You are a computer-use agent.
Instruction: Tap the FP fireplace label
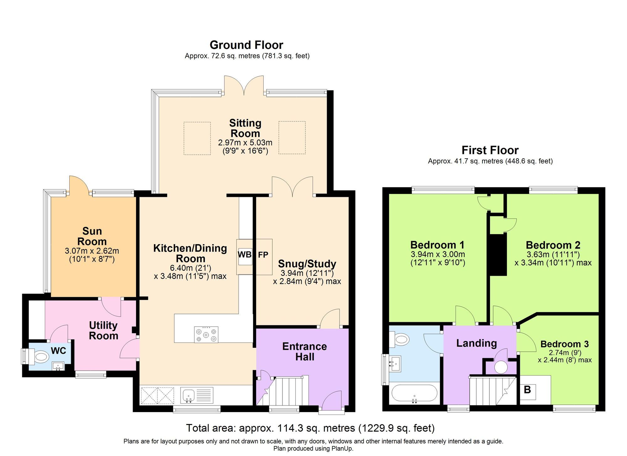(x=263, y=255)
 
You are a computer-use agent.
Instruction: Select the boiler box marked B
(x=528, y=390)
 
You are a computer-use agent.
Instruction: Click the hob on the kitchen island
(x=206, y=334)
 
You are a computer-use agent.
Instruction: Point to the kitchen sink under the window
(x=188, y=395)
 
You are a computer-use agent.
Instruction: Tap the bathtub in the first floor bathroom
(x=414, y=393)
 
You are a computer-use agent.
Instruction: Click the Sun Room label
(x=92, y=236)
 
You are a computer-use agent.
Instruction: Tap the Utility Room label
(x=103, y=330)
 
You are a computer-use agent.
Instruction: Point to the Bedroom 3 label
(x=564, y=344)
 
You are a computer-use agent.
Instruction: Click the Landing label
(x=477, y=343)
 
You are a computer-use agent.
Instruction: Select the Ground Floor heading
(x=246, y=45)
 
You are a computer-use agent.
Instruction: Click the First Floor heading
(x=490, y=150)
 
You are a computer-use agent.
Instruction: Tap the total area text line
(x=310, y=428)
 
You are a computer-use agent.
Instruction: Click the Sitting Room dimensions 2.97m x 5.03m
(x=245, y=143)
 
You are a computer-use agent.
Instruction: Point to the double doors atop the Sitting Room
(x=244, y=85)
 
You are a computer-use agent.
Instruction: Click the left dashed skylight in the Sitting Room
(x=197, y=138)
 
